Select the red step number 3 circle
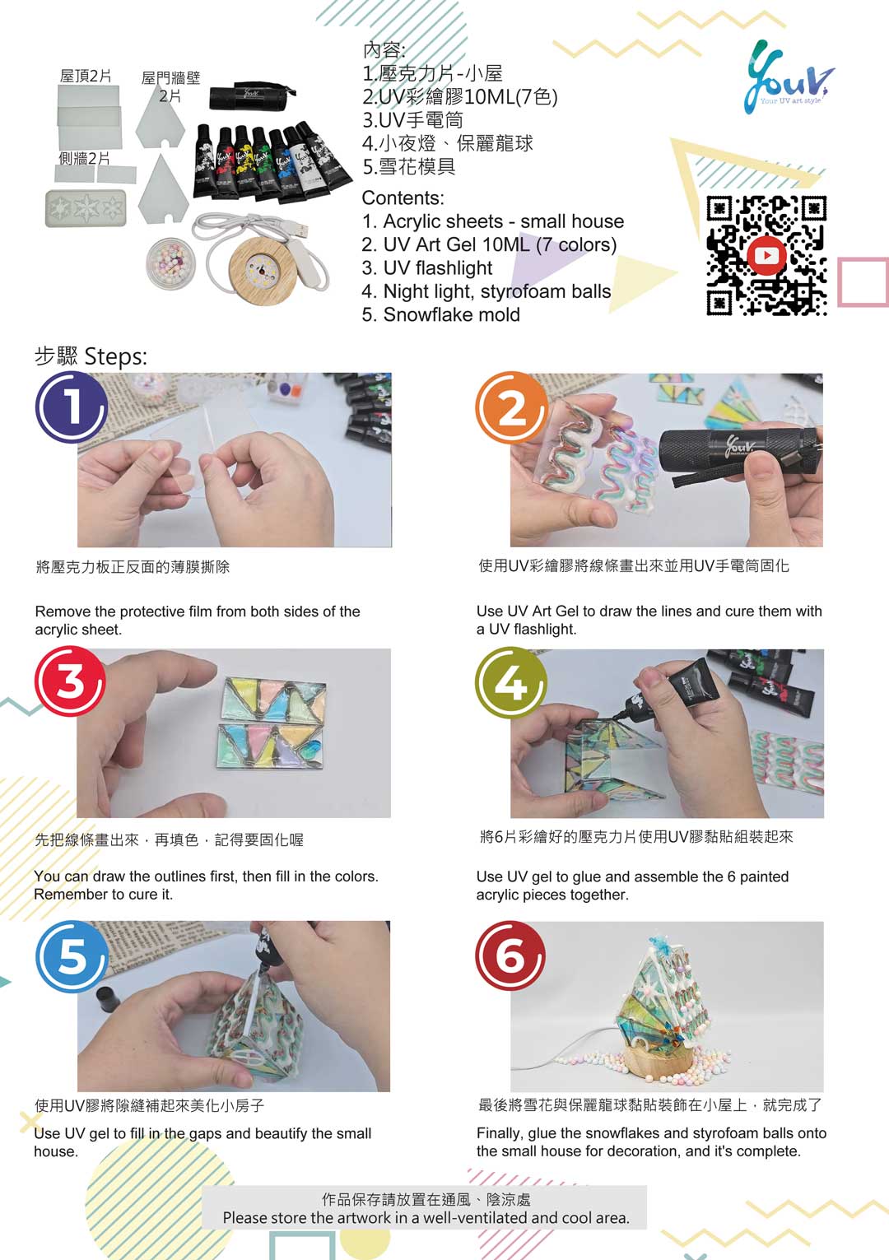[x=70, y=681]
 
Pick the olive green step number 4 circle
[x=511, y=682]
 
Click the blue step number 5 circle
[x=72, y=956]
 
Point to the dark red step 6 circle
[x=510, y=955]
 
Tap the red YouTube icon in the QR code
[x=766, y=256]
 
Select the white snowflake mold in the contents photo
[x=86, y=208]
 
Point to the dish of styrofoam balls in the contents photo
[x=170, y=263]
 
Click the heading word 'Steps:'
[x=116, y=356]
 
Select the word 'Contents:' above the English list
[x=403, y=198]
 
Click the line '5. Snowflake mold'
[x=440, y=314]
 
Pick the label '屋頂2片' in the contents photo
[x=86, y=76]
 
